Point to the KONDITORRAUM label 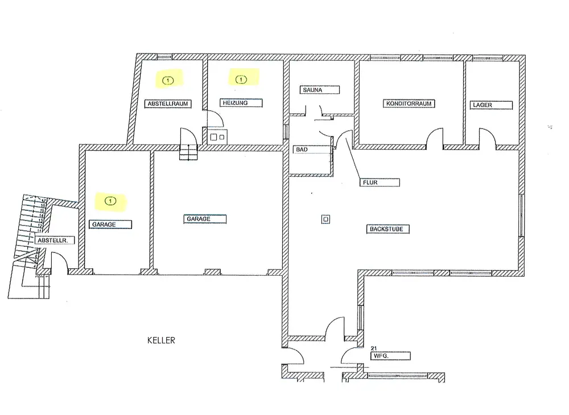click(410, 104)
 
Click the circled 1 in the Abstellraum click(168, 80)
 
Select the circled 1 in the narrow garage click(110, 200)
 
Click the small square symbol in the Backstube click(325, 219)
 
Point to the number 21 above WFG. click(374, 348)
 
